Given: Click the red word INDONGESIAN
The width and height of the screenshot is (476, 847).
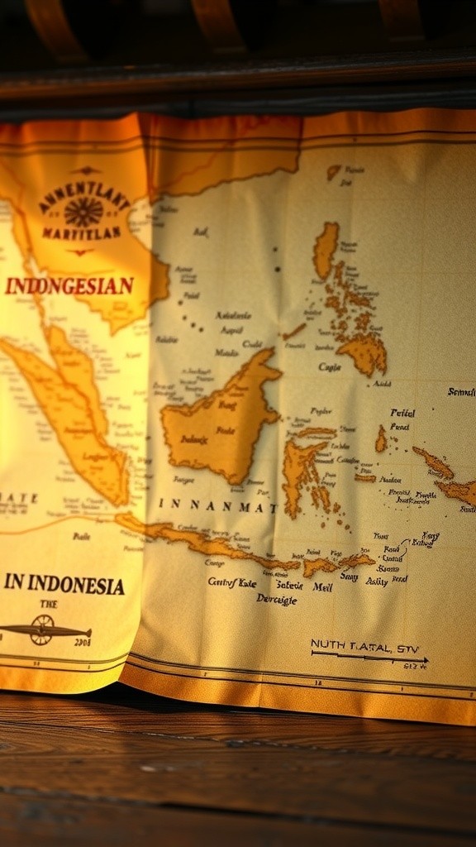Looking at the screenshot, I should [69, 286].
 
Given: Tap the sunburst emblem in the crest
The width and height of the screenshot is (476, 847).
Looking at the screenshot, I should [83, 212].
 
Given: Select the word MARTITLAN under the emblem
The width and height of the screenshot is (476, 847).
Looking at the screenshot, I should [81, 234].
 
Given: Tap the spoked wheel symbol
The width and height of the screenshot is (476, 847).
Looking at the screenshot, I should [41, 630].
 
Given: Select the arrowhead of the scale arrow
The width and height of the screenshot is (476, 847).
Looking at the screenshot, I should [423, 661].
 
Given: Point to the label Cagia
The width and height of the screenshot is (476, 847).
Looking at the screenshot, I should [329, 367].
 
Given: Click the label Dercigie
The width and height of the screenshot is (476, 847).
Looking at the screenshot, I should [277, 599].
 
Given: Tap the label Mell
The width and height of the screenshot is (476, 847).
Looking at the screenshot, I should [321, 586].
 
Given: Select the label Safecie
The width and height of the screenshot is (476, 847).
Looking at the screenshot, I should [288, 586].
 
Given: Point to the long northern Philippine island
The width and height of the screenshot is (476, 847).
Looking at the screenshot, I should [326, 248].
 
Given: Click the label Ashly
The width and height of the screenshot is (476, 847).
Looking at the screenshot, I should [376, 581].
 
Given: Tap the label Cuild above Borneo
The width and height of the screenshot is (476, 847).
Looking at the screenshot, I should [251, 345].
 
